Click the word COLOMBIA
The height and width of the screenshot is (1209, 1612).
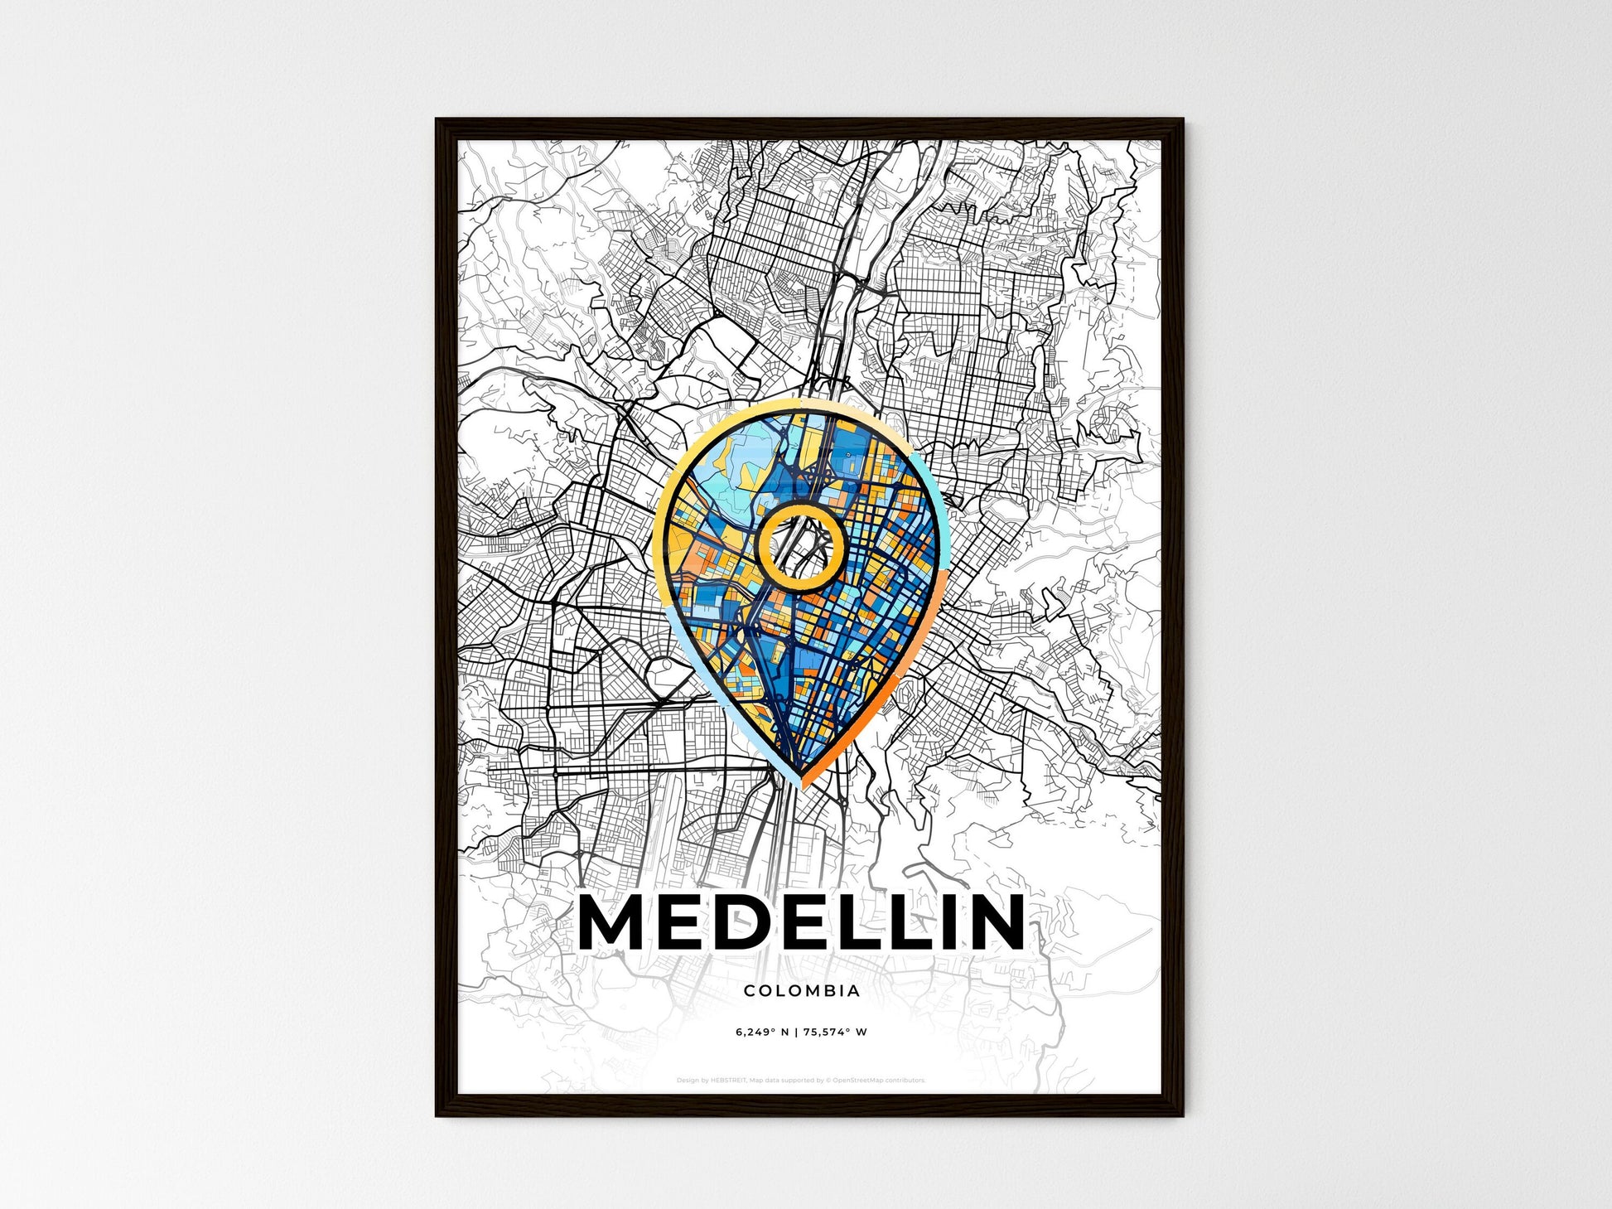(x=802, y=990)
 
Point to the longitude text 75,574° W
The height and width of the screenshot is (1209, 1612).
(x=836, y=1032)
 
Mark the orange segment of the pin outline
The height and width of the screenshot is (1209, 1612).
(x=878, y=704)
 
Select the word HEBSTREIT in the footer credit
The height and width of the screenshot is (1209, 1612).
(x=728, y=1081)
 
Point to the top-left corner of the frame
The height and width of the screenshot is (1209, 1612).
(x=437, y=120)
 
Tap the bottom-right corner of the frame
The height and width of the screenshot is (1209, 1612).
(x=1182, y=1115)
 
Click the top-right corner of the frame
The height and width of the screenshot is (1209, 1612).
(x=1182, y=120)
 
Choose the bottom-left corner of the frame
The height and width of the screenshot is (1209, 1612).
(x=437, y=1115)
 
